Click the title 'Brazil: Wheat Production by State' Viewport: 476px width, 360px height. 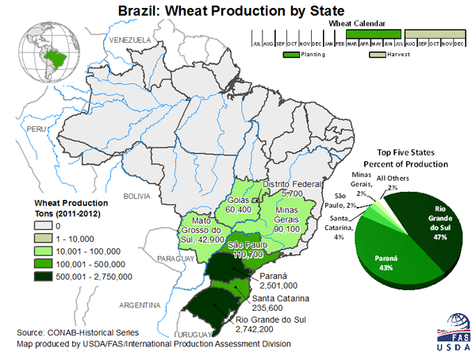click(231, 11)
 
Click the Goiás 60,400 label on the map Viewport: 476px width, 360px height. click(240, 201)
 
